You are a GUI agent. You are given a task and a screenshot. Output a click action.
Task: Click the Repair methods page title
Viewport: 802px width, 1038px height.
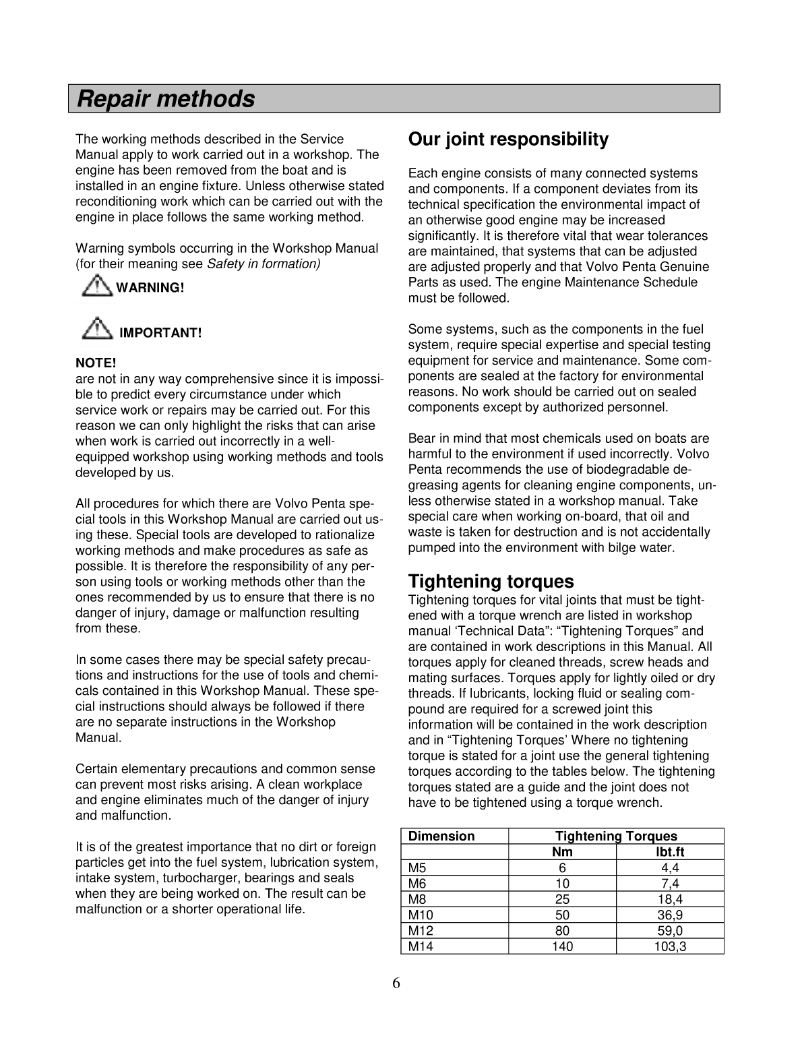(x=166, y=99)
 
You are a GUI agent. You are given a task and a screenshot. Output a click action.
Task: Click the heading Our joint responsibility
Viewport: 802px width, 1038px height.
(x=508, y=140)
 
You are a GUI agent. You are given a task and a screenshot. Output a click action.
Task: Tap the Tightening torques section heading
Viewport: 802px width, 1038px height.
(x=491, y=581)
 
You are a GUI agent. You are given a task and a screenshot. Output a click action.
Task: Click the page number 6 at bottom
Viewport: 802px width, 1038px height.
(x=396, y=983)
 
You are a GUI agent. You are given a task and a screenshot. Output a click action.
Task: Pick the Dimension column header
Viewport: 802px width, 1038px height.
(x=441, y=836)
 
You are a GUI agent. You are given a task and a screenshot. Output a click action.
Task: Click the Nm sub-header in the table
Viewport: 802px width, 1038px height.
(x=562, y=852)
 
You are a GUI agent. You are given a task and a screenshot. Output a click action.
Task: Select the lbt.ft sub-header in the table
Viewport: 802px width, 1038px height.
(x=670, y=852)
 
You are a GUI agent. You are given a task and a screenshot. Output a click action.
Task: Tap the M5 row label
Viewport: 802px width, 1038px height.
(x=417, y=868)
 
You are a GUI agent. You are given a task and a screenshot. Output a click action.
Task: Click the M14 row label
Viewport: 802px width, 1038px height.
(x=421, y=946)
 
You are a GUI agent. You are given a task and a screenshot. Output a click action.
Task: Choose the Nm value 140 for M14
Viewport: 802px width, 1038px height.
(x=562, y=946)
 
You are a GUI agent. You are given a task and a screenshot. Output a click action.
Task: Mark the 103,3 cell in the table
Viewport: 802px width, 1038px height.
(x=670, y=946)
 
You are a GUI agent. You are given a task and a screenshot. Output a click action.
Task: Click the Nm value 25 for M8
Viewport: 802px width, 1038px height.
(x=562, y=899)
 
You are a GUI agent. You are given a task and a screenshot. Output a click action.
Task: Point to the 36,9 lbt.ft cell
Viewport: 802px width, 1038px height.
(x=670, y=915)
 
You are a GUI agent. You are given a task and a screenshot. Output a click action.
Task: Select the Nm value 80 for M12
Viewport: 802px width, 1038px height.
(x=562, y=931)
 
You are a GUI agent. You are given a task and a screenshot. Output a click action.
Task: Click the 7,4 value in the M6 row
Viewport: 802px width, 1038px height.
(x=670, y=884)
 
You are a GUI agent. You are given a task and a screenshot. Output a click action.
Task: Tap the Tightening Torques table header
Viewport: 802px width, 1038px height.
(x=616, y=836)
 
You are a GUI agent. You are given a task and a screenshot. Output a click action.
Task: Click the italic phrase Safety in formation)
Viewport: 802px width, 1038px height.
(x=264, y=264)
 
